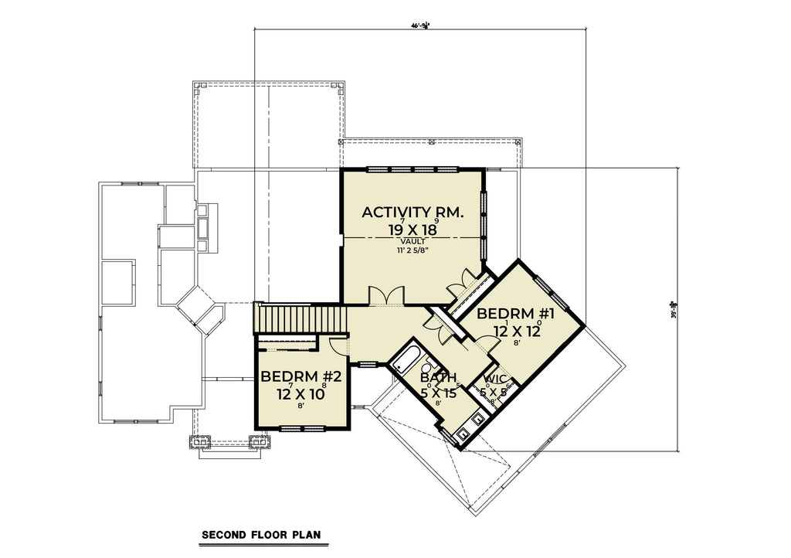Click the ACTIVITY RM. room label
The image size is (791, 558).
(412, 212)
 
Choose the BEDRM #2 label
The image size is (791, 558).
(300, 377)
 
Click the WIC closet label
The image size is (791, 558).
(494, 379)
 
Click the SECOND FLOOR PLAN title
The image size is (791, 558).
(260, 534)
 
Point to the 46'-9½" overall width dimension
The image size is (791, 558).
(419, 26)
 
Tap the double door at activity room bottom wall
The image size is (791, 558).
(385, 297)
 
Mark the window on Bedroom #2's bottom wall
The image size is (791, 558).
(302, 428)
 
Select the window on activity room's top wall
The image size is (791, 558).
(413, 168)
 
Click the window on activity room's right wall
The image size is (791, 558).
(484, 224)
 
